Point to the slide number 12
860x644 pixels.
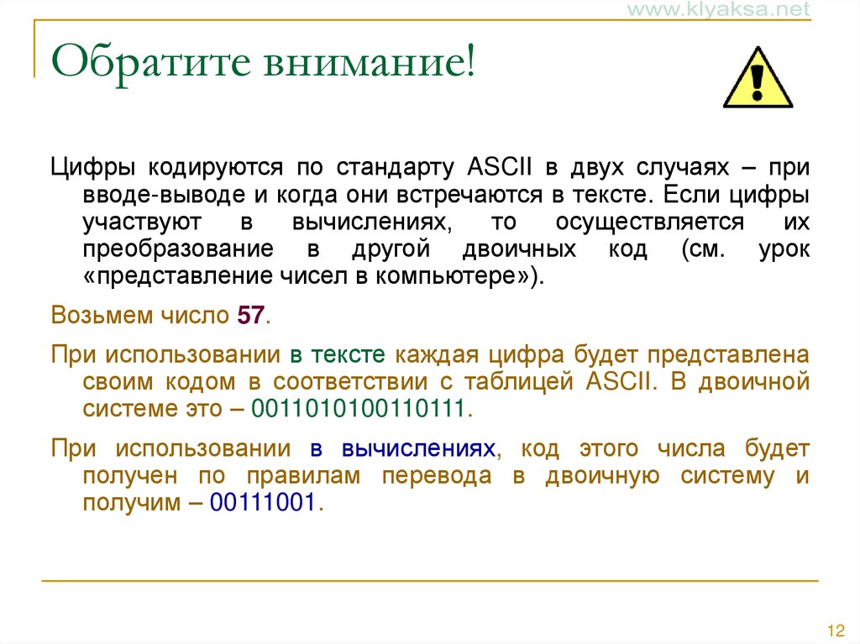pyautogui.click(x=835, y=631)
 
